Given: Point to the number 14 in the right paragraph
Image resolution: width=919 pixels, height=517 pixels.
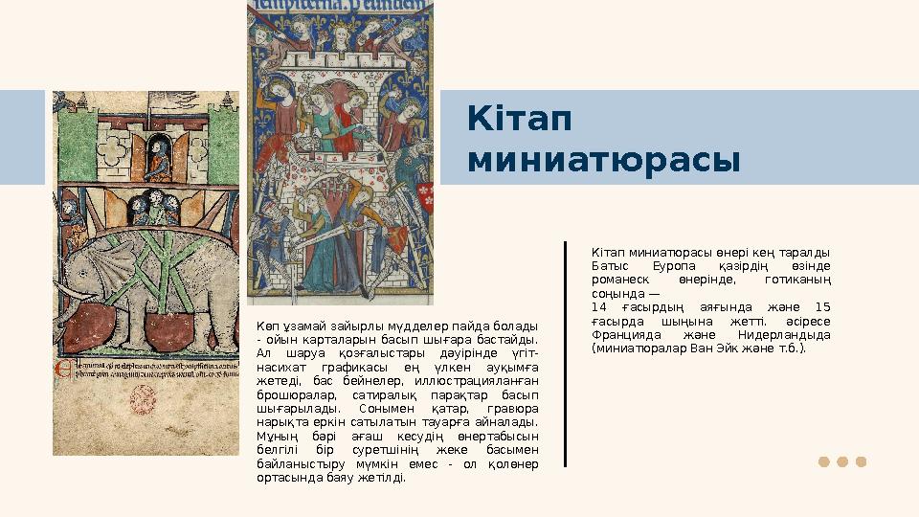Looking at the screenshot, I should point(600,307).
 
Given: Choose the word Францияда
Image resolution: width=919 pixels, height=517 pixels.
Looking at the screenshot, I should point(625,335).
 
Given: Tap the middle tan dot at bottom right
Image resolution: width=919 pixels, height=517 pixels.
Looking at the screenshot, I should point(842,461).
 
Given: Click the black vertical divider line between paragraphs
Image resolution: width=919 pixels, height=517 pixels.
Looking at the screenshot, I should point(566,354).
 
